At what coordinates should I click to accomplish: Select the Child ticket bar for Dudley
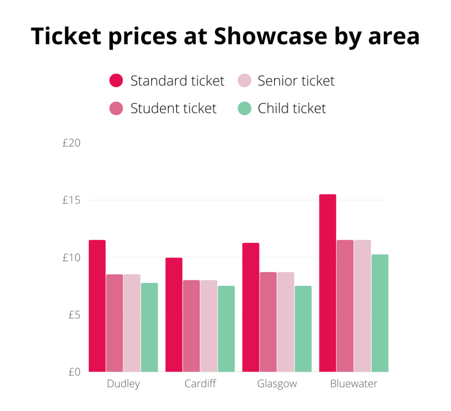click(x=149, y=327)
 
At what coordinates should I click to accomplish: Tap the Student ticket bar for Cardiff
click(x=191, y=326)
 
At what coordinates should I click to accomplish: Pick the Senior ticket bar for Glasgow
click(x=285, y=322)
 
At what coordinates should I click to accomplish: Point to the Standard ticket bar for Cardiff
click(x=174, y=315)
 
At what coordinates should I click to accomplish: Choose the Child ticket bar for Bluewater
click(x=380, y=313)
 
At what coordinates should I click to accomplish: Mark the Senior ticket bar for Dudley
click(x=132, y=323)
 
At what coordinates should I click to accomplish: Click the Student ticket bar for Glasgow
click(x=268, y=322)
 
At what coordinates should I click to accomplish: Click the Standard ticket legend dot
click(x=116, y=81)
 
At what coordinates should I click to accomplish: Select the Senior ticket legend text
click(x=296, y=81)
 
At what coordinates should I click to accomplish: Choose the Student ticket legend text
click(x=173, y=108)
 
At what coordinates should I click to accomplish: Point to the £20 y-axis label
click(x=71, y=143)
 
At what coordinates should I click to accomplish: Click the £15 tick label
click(x=71, y=200)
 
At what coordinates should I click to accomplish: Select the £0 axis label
click(x=74, y=372)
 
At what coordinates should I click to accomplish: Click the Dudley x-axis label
click(x=123, y=384)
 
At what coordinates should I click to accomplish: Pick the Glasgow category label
click(x=277, y=384)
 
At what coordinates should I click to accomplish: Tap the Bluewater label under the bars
click(x=354, y=384)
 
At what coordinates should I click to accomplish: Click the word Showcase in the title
click(x=270, y=37)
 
